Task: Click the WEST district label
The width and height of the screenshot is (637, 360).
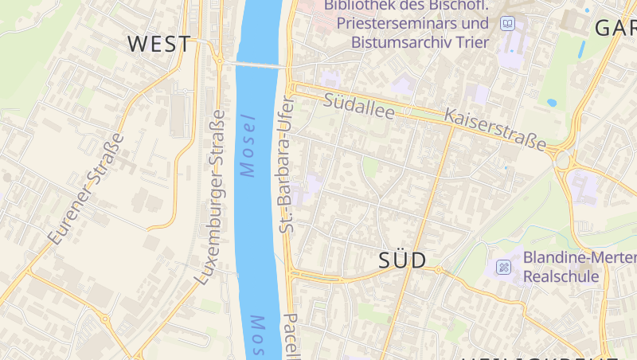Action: tap(159, 44)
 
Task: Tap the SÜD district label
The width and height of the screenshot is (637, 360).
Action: tap(401, 260)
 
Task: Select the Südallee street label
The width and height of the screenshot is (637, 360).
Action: tap(359, 107)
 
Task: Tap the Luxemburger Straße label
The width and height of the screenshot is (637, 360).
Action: tap(212, 197)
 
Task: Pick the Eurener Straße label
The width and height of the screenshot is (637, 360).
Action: tap(86, 188)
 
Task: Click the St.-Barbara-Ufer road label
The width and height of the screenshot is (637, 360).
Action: tap(287, 165)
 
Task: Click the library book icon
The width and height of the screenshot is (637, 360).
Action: tap(507, 25)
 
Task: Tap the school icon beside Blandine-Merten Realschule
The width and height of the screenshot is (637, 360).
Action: tap(503, 267)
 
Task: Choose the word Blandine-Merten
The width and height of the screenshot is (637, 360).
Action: tap(580, 258)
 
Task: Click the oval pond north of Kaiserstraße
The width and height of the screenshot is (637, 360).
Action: tap(551, 103)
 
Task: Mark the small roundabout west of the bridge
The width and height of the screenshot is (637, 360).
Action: tap(217, 60)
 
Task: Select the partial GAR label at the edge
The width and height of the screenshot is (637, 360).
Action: tap(615, 28)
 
